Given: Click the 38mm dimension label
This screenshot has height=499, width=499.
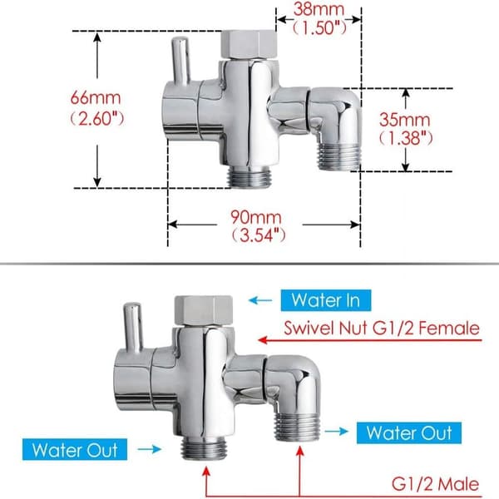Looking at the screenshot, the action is click(x=319, y=9).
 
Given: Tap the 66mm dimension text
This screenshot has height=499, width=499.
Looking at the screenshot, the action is click(x=96, y=97).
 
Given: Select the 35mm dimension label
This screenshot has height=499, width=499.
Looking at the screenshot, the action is click(x=404, y=120).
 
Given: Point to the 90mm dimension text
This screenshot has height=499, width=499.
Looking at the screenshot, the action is click(x=256, y=217).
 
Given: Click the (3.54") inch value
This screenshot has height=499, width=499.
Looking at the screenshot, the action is click(x=258, y=235).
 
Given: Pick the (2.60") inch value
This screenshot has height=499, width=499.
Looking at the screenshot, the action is click(x=96, y=118).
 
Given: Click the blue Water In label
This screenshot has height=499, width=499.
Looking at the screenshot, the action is click(x=326, y=300).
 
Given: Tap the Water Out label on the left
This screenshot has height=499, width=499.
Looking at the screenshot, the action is click(x=75, y=449).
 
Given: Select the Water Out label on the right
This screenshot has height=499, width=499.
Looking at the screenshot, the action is click(x=409, y=432).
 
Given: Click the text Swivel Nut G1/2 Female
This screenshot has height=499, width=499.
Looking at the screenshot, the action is click(x=382, y=329).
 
